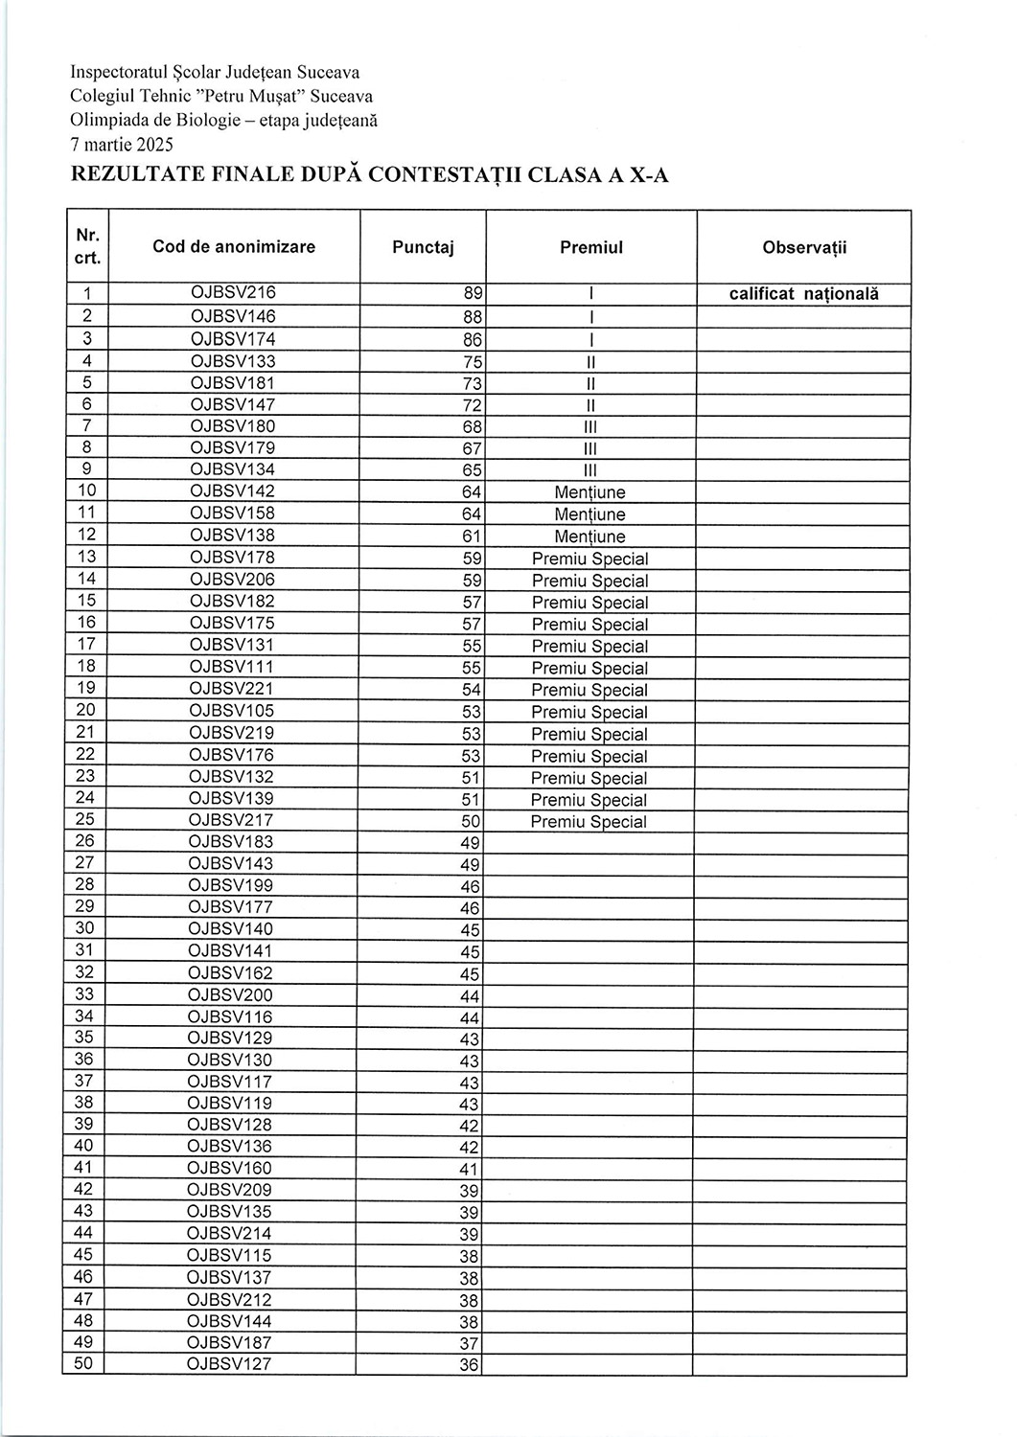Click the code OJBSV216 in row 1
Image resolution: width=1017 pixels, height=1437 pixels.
(x=233, y=293)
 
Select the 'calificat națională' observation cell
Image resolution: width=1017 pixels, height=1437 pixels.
(x=803, y=294)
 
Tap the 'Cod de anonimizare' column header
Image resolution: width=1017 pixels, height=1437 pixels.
(x=233, y=247)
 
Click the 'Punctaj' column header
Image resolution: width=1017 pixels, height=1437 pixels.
(x=423, y=247)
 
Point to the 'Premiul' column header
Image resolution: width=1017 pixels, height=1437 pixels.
(x=590, y=247)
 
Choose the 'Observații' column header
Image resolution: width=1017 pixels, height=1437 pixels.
(x=804, y=247)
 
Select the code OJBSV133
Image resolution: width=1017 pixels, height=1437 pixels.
(x=233, y=361)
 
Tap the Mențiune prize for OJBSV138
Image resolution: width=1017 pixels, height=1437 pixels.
(x=589, y=536)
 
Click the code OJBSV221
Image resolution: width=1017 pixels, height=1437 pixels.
(x=232, y=689)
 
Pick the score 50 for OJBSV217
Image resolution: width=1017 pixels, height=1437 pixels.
(x=471, y=822)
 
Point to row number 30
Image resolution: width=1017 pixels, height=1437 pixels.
(x=84, y=928)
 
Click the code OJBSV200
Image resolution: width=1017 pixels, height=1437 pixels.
(x=231, y=994)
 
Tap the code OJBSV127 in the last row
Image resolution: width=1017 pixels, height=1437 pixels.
(x=229, y=1364)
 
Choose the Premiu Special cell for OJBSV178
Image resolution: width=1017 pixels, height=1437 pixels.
(x=589, y=559)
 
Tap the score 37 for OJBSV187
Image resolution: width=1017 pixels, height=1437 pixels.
(x=469, y=1344)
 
